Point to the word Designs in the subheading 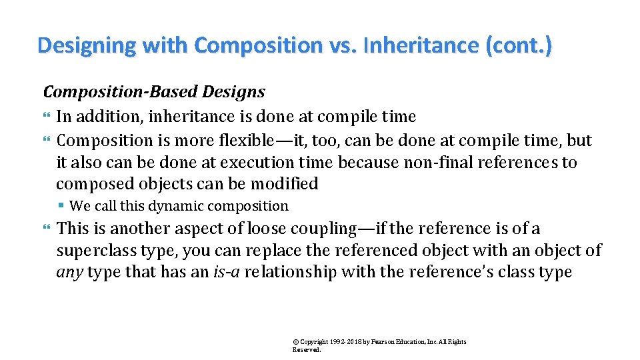pos(237,92)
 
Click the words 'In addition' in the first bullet pos(97,117)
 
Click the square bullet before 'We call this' pos(61,207)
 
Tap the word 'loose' pos(270,229)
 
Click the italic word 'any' pos(69,273)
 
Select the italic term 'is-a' pos(227,273)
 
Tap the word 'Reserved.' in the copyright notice pos(307,349)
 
